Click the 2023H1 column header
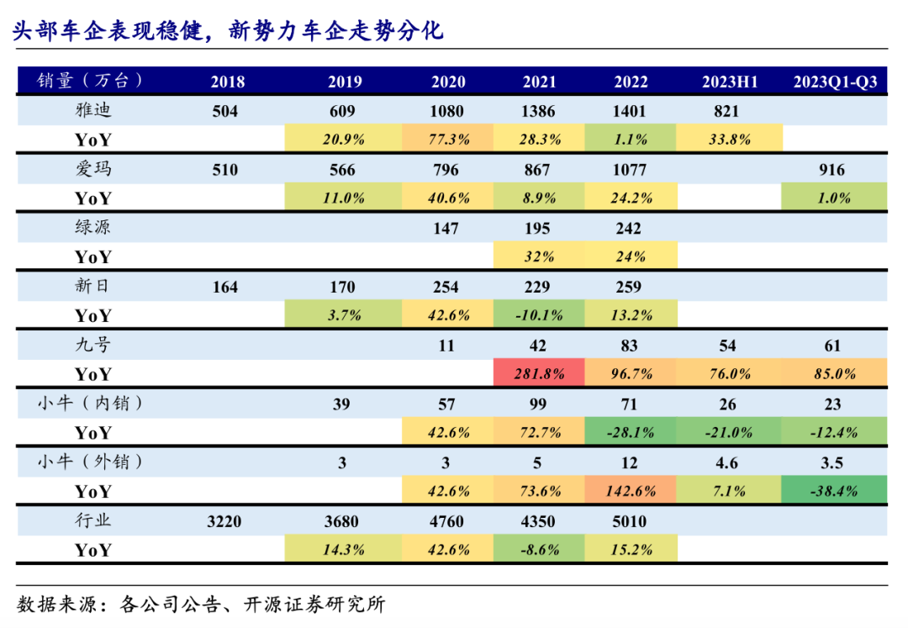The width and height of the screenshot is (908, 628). pyautogui.click(x=729, y=82)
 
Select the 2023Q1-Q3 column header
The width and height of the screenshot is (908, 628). pyautogui.click(x=834, y=82)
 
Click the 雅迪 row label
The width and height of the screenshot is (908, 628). pyautogui.click(x=92, y=110)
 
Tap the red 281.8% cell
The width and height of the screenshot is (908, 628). pyautogui.click(x=539, y=374)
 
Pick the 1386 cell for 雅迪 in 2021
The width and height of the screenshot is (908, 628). pyautogui.click(x=539, y=111)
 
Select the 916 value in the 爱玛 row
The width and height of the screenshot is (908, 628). pyautogui.click(x=831, y=170)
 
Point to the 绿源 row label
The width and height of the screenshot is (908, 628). pyautogui.click(x=92, y=228)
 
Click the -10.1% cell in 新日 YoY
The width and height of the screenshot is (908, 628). pyautogui.click(x=539, y=315)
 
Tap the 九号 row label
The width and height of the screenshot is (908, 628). pyautogui.click(x=92, y=345)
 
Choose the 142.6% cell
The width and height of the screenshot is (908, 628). pyautogui.click(x=631, y=491)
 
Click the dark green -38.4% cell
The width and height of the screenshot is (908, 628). pyautogui.click(x=834, y=491)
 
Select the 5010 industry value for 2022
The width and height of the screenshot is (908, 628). pyautogui.click(x=631, y=521)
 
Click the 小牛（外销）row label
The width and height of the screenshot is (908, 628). pyautogui.click(x=92, y=462)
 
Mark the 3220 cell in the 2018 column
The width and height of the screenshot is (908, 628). pyautogui.click(x=224, y=521)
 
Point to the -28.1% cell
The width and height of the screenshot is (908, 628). pyautogui.click(x=631, y=433)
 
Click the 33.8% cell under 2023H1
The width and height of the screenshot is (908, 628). pyautogui.click(x=729, y=140)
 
